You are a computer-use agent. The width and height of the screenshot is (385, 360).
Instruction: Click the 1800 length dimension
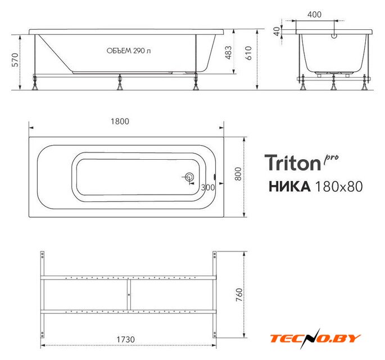point(120,121)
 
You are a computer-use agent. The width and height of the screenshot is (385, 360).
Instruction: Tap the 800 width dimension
point(238,174)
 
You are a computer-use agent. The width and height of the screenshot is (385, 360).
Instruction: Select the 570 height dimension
point(15,60)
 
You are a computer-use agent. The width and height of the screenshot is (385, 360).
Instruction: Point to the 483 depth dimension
point(228,52)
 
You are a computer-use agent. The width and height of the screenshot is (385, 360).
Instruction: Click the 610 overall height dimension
point(248,53)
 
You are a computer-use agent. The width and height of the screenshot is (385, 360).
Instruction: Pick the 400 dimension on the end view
point(314,15)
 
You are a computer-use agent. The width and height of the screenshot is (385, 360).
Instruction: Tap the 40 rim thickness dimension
point(277,31)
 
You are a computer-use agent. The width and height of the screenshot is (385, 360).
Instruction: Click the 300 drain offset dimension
point(208,187)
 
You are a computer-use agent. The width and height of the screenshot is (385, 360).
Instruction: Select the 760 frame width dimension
point(239,295)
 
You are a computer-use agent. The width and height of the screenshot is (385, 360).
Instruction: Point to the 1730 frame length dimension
point(125,339)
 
